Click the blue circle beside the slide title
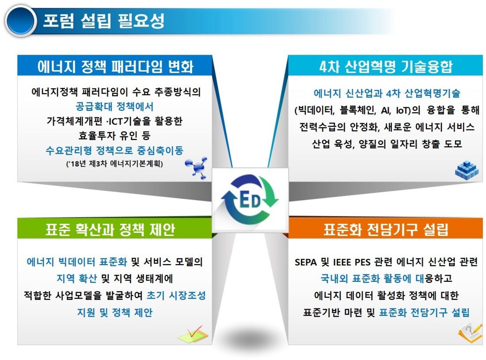pyautogui.click(x=21, y=21)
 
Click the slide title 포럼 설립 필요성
pyautogui.click(x=103, y=21)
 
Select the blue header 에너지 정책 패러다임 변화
pyautogui.click(x=115, y=66)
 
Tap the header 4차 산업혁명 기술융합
pyautogui.click(x=386, y=66)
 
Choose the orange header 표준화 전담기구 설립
pyautogui.click(x=386, y=229)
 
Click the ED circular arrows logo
pyautogui.click(x=250, y=200)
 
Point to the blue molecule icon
pyautogui.click(x=196, y=168)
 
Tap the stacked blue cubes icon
pyautogui.click(x=467, y=170)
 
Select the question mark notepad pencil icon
pyautogui.click(x=470, y=333)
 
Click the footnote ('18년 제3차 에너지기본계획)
pyautogui.click(x=114, y=163)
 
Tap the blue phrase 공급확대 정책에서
pyautogui.click(x=114, y=106)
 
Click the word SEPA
pyautogui.click(x=306, y=262)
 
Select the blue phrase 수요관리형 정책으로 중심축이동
pyautogui.click(x=114, y=150)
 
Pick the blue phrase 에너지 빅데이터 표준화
pyautogui.click(x=77, y=262)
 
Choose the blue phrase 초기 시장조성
pyautogui.click(x=176, y=295)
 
